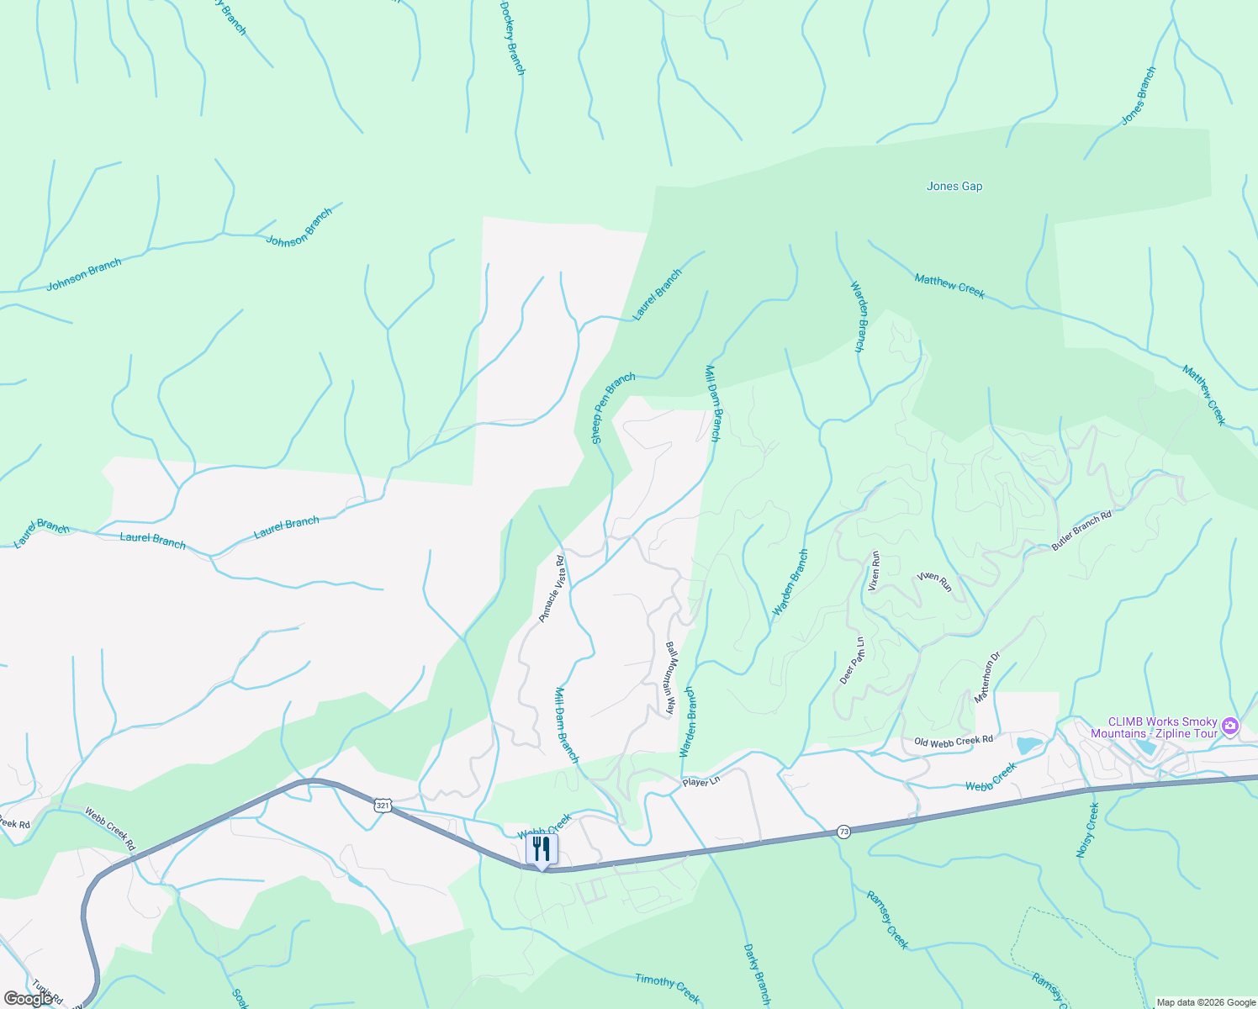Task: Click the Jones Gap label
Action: click(954, 187)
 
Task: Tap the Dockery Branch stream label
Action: click(512, 39)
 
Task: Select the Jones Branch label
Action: click(1139, 97)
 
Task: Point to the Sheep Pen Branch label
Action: click(613, 409)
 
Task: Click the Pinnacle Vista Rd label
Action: click(552, 588)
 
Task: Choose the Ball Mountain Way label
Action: click(670, 678)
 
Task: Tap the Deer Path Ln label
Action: click(852, 661)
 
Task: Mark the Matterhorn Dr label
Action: click(987, 678)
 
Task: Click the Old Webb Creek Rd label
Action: click(954, 741)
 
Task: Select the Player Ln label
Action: click(701, 782)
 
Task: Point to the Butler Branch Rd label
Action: click(1081, 531)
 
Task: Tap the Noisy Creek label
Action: click(1087, 830)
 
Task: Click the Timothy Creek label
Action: click(667, 988)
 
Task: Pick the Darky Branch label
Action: click(756, 975)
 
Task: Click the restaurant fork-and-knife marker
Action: click(542, 849)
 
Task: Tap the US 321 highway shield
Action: click(383, 806)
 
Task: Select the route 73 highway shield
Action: click(843, 832)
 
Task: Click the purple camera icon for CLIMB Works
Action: click(1230, 725)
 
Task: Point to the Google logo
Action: click(28, 998)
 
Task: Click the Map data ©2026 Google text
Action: click(1205, 1002)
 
